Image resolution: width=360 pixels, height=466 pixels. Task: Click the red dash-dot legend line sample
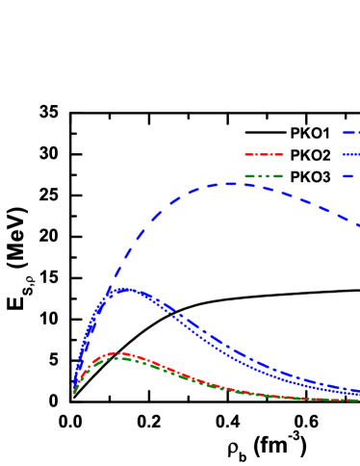click(x=264, y=154)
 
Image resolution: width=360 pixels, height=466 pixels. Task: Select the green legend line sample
click(x=264, y=176)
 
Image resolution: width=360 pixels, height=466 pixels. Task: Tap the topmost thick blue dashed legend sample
click(x=350, y=132)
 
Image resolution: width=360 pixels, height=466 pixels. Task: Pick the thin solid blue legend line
click(x=350, y=154)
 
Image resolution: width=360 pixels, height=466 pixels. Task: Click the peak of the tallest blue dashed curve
click(x=231, y=183)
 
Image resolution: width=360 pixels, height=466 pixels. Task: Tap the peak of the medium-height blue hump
click(x=123, y=289)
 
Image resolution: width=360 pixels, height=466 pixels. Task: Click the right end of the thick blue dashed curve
click(x=358, y=225)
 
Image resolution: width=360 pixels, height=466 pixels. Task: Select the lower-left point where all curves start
click(x=74, y=392)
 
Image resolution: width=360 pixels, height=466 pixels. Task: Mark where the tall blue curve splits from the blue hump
click(x=109, y=289)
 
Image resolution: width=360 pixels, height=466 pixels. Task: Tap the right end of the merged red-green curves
click(x=357, y=400)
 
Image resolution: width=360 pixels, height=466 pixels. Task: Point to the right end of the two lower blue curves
click(x=357, y=392)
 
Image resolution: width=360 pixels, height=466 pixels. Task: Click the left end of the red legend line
click(x=246, y=154)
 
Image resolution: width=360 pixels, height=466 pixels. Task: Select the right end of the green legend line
click(x=282, y=176)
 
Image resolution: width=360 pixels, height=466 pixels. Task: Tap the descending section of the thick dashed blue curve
click(x=308, y=199)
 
